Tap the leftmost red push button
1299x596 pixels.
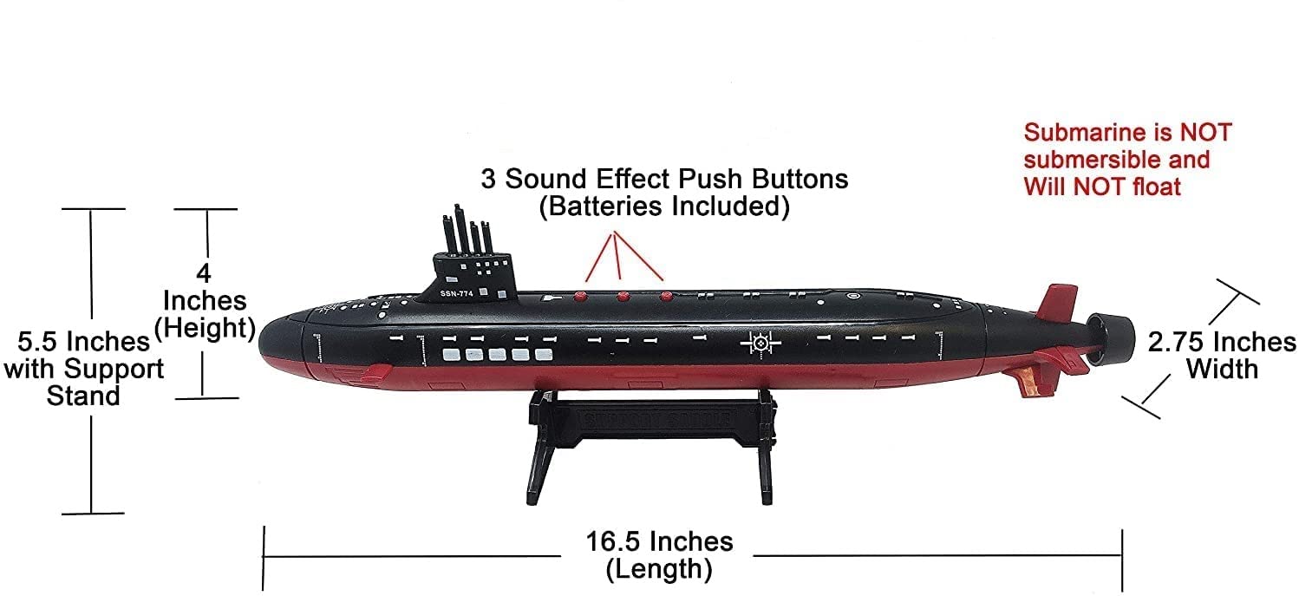580,296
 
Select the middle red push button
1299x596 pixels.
623,297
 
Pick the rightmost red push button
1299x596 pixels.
666,297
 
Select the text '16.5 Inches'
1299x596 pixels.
658,542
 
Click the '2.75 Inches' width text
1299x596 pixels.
1222,342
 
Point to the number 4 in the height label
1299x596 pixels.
204,274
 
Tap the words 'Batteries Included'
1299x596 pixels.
664,208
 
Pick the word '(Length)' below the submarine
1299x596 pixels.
659,570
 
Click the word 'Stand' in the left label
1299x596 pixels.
83,396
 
